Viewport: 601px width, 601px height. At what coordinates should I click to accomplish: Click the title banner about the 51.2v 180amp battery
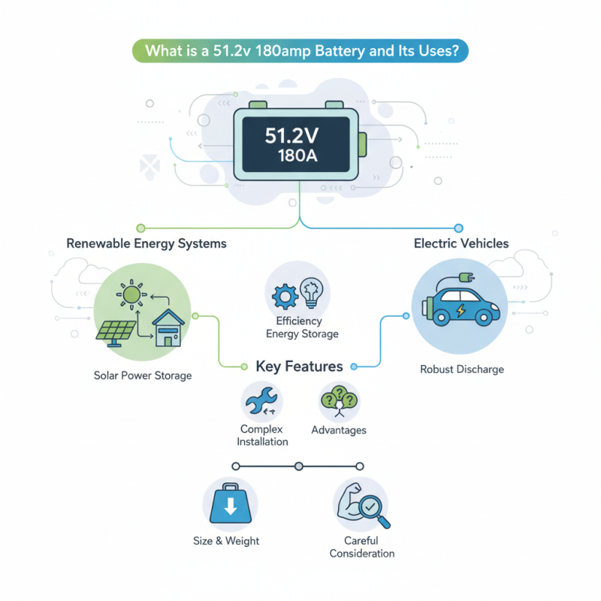point(300,52)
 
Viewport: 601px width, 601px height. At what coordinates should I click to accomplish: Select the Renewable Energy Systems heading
point(146,244)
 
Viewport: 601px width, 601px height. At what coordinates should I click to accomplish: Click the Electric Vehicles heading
point(461,243)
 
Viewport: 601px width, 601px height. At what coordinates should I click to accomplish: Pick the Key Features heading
point(300,367)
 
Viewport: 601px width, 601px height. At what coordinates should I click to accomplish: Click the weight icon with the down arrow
point(231,504)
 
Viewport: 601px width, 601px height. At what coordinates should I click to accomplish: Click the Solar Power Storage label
point(143,375)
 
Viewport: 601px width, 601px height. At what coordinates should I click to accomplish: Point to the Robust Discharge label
point(461,369)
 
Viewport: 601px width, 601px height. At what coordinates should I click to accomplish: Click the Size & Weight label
point(226,541)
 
